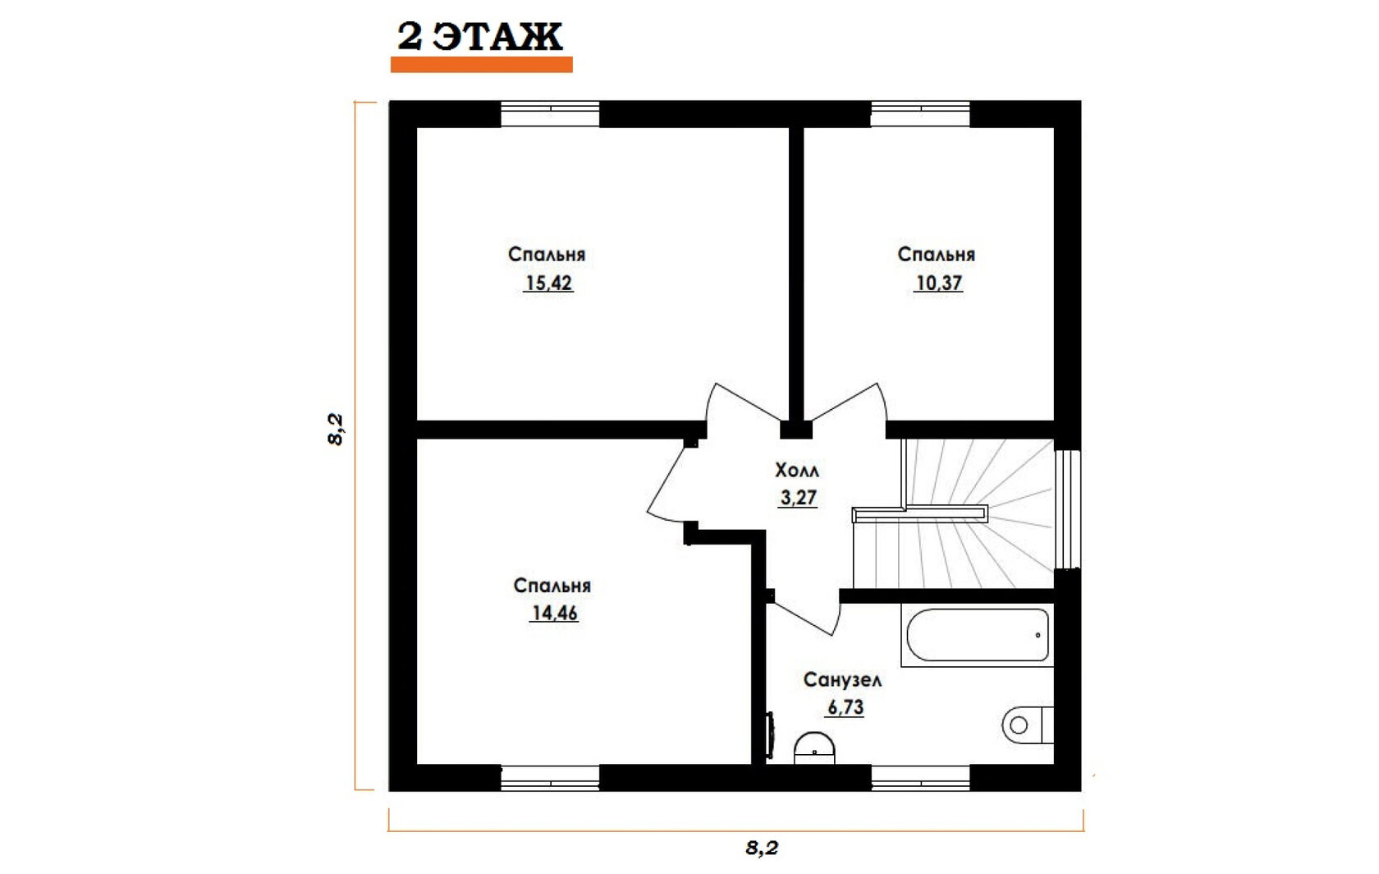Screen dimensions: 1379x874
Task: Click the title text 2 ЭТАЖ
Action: coord(479,36)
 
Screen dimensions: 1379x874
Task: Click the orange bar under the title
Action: coord(481,65)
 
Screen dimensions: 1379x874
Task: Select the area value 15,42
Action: coord(548,283)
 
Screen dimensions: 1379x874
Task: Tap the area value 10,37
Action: coord(938,283)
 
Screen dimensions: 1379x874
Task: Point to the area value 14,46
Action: coord(554,613)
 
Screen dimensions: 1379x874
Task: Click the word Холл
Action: coord(796,471)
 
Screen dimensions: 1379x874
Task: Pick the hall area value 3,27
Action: coord(798,497)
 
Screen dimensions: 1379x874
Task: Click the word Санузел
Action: coord(842,680)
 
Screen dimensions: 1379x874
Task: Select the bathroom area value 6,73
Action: coord(845,707)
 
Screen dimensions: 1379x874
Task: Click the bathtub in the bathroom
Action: coord(977,635)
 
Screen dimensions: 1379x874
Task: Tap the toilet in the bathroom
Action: coord(1027,725)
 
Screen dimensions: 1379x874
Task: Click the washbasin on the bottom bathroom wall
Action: coord(814,748)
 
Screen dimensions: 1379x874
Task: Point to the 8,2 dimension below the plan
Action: coord(762,849)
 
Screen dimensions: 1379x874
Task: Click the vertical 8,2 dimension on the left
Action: coord(337,430)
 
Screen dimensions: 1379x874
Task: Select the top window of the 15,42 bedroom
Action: coord(550,114)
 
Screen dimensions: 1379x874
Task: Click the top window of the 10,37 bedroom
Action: coord(920,114)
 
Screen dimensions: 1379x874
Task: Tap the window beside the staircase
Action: coord(1068,508)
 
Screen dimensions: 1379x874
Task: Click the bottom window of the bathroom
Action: coord(920,778)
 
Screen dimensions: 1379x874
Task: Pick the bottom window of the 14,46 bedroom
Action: coord(550,778)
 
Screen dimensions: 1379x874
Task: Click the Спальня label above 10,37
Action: coord(936,255)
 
